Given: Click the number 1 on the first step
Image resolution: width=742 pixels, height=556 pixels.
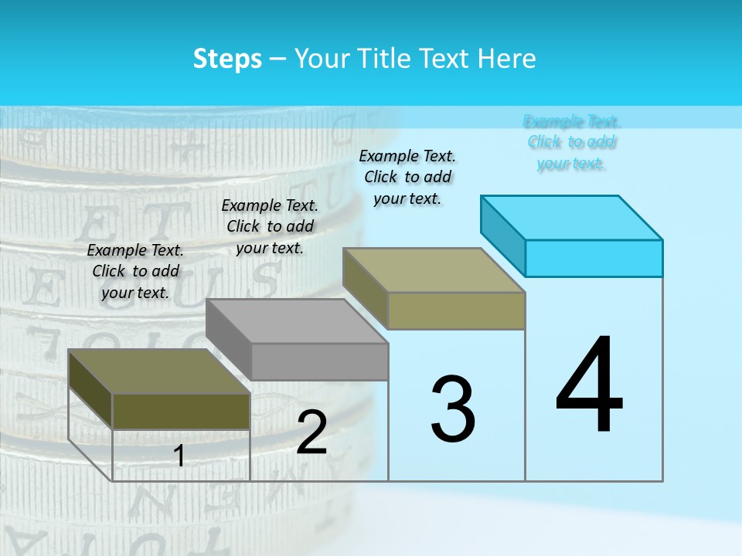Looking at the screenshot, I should pyautogui.click(x=179, y=456).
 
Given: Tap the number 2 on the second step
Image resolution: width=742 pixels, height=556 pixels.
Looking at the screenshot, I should pyautogui.click(x=311, y=432).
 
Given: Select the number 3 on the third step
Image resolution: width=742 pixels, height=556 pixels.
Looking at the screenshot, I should pyautogui.click(x=453, y=409).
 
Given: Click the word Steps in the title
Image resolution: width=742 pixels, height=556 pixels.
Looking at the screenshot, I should pyautogui.click(x=227, y=59).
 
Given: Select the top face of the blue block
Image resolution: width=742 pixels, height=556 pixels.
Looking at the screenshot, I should pyautogui.click(x=572, y=217).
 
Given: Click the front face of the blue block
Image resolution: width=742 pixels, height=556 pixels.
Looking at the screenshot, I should pyautogui.click(x=594, y=258).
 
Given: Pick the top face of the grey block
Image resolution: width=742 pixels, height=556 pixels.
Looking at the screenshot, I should pyautogui.click(x=297, y=320).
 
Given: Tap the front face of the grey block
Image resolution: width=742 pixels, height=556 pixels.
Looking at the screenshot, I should pyautogui.click(x=319, y=361).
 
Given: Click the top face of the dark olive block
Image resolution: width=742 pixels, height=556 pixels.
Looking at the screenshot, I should pyautogui.click(x=159, y=371).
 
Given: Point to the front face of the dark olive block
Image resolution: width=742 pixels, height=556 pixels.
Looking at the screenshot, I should pyautogui.click(x=181, y=411).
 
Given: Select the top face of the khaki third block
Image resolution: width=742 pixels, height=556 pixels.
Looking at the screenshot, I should pyautogui.click(x=434, y=270).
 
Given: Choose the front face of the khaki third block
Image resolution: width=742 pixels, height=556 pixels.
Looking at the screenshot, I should pyautogui.click(x=456, y=310).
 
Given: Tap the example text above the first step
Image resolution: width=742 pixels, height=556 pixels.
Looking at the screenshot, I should pyautogui.click(x=136, y=271).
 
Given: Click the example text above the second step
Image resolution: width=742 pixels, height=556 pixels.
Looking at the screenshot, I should pyautogui.click(x=270, y=226).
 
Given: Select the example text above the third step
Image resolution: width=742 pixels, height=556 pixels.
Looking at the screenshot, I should pyautogui.click(x=407, y=177).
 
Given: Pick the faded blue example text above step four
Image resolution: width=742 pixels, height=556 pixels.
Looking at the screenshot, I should pyautogui.click(x=572, y=142).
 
